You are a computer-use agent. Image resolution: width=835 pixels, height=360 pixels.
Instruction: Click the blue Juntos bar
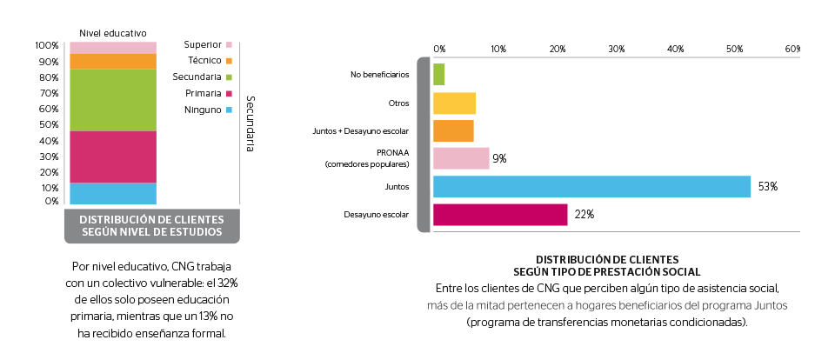click(591, 187)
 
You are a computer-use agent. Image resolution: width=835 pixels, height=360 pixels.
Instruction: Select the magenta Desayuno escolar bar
click(500, 215)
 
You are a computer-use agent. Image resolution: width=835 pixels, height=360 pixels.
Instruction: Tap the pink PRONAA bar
click(461, 158)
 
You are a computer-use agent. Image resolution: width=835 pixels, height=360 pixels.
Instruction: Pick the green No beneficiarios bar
click(439, 75)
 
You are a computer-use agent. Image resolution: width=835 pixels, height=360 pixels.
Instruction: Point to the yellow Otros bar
click(454, 103)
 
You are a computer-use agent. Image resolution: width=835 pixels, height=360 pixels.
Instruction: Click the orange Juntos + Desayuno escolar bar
click(453, 130)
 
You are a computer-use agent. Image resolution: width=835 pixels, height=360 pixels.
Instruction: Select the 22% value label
click(583, 215)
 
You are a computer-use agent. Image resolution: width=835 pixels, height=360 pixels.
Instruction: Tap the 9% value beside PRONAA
click(499, 158)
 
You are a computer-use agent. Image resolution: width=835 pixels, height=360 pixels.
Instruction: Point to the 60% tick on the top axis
click(792, 49)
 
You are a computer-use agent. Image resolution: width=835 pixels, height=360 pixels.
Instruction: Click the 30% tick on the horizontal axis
click(616, 49)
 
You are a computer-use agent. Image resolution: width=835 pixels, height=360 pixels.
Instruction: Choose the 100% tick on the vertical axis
click(47, 45)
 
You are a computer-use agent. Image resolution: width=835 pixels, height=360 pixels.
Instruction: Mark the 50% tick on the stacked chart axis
click(49, 125)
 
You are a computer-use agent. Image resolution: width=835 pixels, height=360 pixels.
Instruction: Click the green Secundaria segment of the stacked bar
click(112, 100)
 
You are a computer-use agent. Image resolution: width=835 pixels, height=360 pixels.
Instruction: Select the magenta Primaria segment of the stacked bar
click(112, 157)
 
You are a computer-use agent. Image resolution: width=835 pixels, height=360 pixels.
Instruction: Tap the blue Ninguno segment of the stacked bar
click(112, 194)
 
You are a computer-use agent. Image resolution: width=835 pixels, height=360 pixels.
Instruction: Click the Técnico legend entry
click(209, 61)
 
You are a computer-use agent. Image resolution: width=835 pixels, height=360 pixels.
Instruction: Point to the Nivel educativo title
click(112, 32)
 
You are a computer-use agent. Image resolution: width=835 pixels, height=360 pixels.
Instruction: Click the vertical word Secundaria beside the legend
click(250, 123)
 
